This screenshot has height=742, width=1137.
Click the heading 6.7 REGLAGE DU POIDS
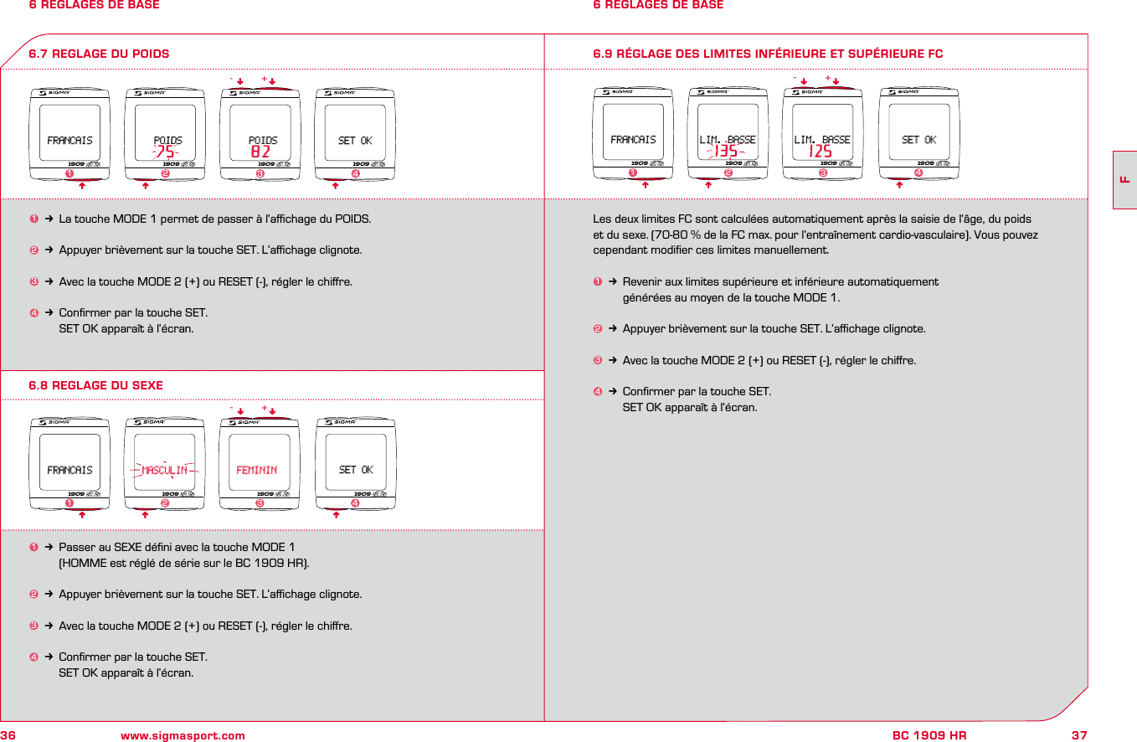point(99,54)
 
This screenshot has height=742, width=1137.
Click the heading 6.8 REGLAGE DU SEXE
point(96,385)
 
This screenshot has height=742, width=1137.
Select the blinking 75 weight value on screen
point(166,152)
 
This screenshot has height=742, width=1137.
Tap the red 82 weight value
point(261,152)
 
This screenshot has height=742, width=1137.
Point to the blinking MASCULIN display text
point(164,471)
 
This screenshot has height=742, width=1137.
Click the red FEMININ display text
point(257,471)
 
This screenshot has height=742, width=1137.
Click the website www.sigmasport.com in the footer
point(183,735)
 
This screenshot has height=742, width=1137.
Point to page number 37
point(1079,735)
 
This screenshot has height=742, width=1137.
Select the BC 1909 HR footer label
point(929,735)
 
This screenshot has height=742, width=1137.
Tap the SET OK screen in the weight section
point(355,141)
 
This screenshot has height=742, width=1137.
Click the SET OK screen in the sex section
point(356,470)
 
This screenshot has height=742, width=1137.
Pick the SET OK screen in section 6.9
point(919,140)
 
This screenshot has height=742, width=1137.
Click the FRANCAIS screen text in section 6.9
point(634,140)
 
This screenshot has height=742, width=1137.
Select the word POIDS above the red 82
point(263,140)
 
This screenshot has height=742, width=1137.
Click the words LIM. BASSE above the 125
point(822,140)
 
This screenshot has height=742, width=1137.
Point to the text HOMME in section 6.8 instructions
point(81,563)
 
